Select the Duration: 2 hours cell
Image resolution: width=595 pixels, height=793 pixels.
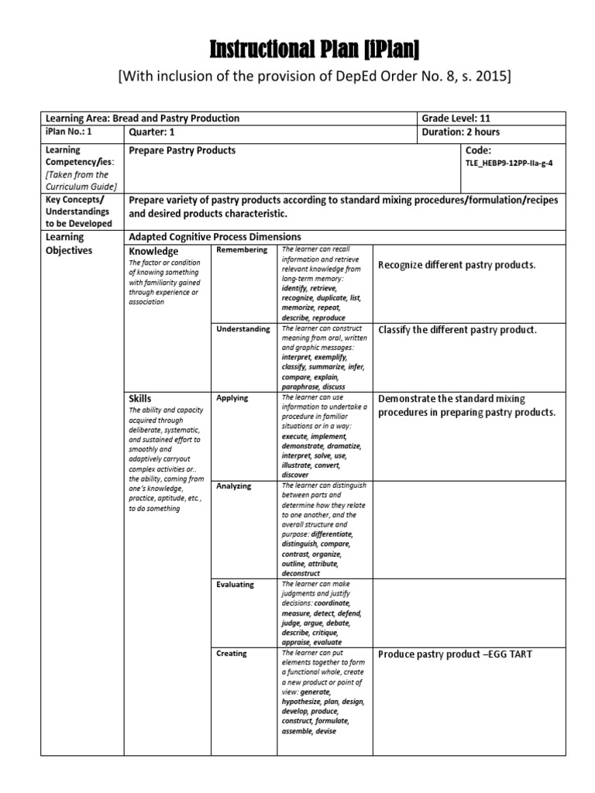tap(460, 132)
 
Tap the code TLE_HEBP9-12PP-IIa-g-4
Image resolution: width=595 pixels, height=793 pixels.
tap(510, 164)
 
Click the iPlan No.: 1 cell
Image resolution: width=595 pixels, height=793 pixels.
tap(69, 132)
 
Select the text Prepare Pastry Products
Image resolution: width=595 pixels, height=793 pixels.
tap(182, 150)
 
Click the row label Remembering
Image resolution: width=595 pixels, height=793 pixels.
tap(242, 250)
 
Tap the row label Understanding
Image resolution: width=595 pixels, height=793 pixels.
tap(243, 329)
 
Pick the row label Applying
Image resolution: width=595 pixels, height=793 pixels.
tap(232, 398)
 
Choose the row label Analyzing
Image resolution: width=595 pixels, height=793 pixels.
tap(234, 486)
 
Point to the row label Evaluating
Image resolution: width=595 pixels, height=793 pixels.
tap(235, 585)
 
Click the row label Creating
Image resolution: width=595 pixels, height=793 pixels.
tap(232, 654)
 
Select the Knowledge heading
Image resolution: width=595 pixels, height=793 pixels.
tap(153, 252)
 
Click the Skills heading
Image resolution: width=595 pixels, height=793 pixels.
tap(140, 399)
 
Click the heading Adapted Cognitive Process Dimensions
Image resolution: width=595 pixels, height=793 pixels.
tap(215, 237)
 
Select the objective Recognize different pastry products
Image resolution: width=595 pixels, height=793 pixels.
tap(456, 265)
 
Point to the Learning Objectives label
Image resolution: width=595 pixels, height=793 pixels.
tap(69, 244)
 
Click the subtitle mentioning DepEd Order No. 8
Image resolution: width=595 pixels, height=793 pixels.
tap(314, 77)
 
